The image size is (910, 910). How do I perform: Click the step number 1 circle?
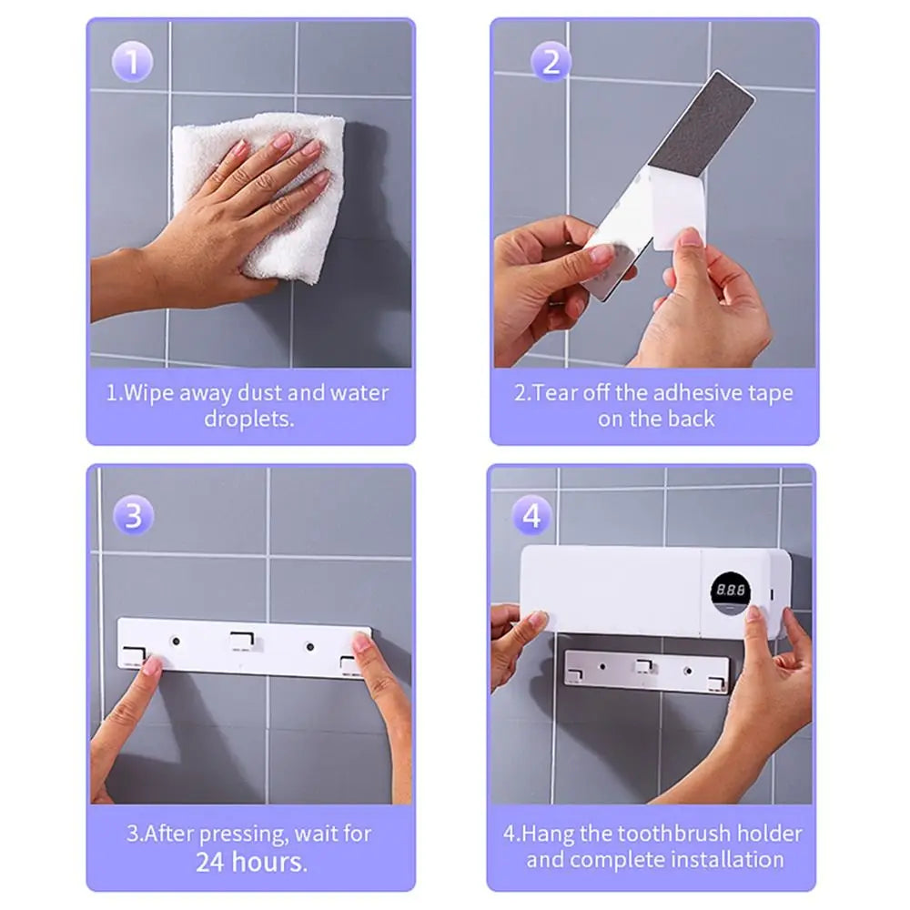pos(133,63)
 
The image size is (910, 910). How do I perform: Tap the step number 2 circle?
pos(551,63)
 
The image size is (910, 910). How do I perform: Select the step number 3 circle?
pos(133,515)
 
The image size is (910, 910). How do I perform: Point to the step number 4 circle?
pos(532,515)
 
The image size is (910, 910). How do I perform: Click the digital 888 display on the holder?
pos(730,591)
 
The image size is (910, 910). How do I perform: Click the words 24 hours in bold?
pos(251,862)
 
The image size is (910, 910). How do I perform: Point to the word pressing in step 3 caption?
pos(229,834)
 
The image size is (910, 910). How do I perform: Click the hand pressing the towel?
pos(227,218)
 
